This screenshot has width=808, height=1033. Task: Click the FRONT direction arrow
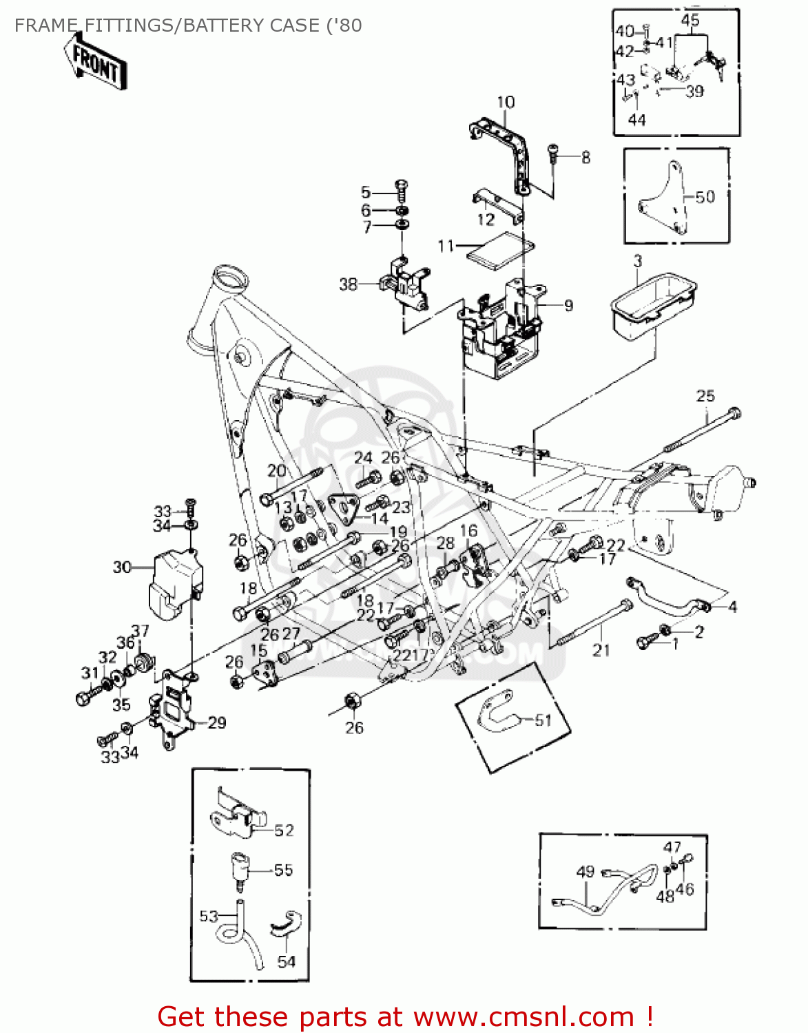tap(96, 61)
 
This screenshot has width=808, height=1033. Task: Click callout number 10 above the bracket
tap(506, 102)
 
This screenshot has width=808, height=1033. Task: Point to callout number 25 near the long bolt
tap(705, 396)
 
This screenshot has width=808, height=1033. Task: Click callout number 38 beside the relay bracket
tap(349, 284)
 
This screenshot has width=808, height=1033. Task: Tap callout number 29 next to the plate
tap(216, 722)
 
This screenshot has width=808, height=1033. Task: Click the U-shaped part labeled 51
tap(498, 714)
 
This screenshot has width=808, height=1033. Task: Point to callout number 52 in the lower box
tap(284, 831)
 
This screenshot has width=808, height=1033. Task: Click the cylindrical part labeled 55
tap(239, 871)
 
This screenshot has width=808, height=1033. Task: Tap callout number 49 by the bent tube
tap(585, 871)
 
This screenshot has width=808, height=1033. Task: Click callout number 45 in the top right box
tap(690, 20)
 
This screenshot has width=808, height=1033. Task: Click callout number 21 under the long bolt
tap(601, 650)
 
